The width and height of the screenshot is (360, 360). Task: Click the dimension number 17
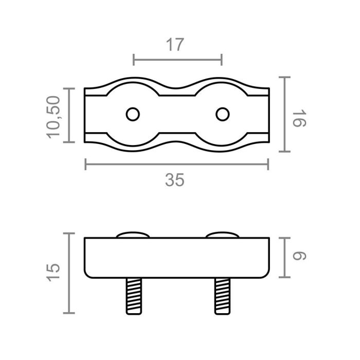click(175, 45)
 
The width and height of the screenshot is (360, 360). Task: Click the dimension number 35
click(175, 180)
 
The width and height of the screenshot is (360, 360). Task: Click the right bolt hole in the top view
click(222, 114)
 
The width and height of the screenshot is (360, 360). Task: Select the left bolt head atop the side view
click(133, 235)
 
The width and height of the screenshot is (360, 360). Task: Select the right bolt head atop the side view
click(222, 235)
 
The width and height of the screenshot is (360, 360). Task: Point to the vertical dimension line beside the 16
click(285, 114)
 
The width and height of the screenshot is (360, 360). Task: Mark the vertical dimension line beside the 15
click(69, 273)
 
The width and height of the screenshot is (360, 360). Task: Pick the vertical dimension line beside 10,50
click(69, 115)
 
